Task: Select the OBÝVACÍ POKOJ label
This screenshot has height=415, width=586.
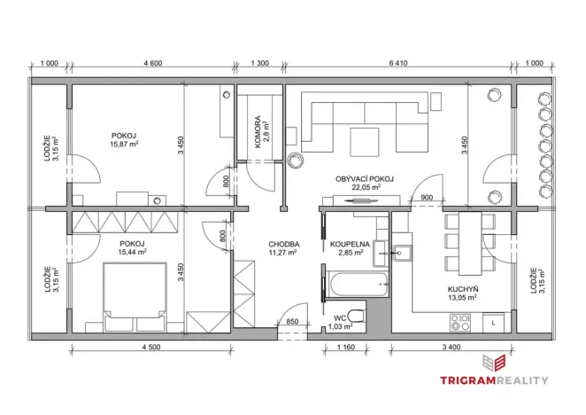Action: [364, 178]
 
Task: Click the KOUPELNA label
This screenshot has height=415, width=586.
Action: [351, 243]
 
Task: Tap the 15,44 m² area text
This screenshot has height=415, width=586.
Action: [127, 252]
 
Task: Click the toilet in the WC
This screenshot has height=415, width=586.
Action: [356, 315]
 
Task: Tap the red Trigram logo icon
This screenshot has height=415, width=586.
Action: [492, 362]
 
